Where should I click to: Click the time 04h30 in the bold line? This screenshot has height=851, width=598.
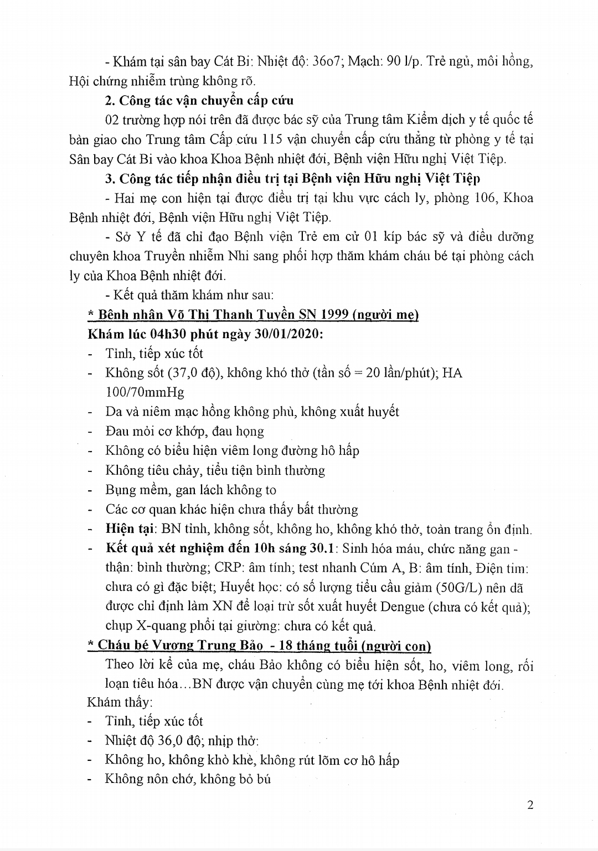170,334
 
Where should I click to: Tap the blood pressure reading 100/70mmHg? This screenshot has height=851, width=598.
145,392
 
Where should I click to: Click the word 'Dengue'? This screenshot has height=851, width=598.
403,606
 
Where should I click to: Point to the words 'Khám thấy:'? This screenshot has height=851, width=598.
119,702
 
